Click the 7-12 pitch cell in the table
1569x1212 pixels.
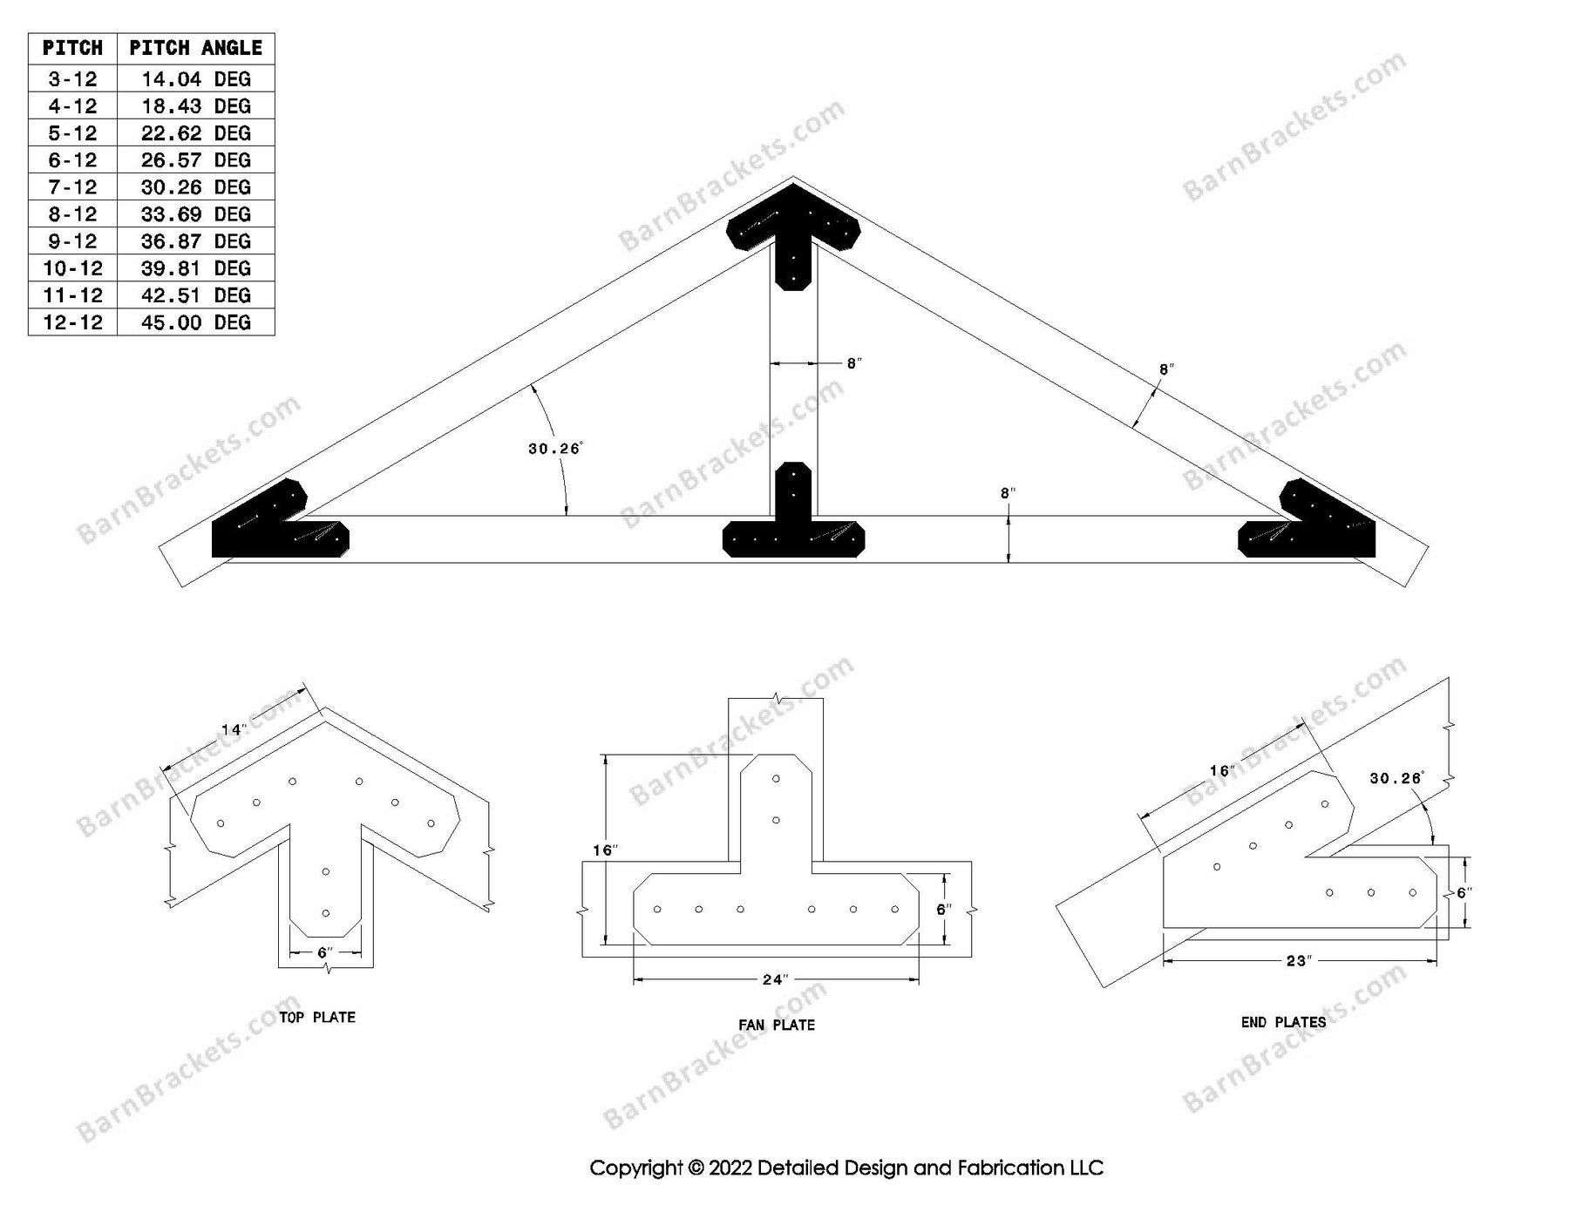pos(72,187)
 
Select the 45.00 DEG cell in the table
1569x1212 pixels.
pos(195,322)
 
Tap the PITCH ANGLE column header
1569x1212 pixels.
pos(195,48)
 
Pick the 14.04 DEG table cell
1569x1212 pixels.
pos(195,79)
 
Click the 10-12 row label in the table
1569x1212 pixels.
pos(72,268)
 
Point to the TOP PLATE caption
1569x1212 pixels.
pos(316,1017)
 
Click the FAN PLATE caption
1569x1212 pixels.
pos(776,1025)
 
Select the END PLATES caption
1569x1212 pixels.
pos(1283,1022)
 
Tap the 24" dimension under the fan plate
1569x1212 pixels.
pos(774,980)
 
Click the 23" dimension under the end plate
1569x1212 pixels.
pos(1298,961)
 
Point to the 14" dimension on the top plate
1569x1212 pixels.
pos(233,730)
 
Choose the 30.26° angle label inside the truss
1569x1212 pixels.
pos(554,449)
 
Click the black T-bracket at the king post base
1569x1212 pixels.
pos(793,523)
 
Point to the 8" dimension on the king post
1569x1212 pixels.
pos(853,363)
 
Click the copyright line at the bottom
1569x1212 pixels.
pos(846,1168)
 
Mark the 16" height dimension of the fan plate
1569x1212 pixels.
pos(604,850)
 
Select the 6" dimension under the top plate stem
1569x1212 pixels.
pos(325,952)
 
